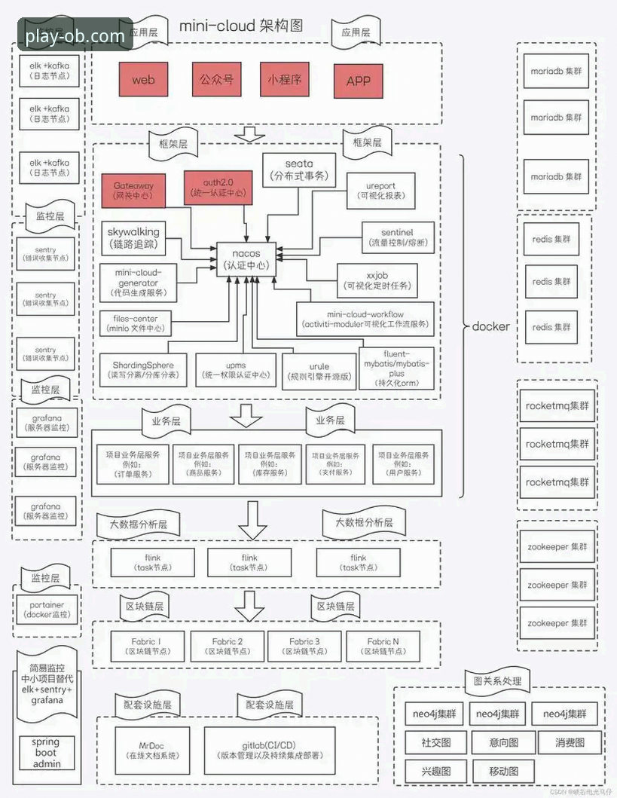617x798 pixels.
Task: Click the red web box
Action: (142, 79)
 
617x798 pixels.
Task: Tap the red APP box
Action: (359, 80)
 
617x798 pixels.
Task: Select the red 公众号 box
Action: (216, 79)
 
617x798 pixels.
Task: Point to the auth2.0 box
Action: (218, 187)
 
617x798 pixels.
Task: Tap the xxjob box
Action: (377, 280)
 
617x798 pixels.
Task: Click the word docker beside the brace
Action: (491, 326)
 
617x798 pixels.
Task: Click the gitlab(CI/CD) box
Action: (269, 750)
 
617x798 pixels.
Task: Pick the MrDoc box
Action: (152, 750)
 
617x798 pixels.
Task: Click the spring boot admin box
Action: (46, 753)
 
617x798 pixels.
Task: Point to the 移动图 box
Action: (504, 771)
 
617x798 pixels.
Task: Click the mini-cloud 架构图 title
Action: (240, 26)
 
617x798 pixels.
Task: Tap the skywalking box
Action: (134, 238)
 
